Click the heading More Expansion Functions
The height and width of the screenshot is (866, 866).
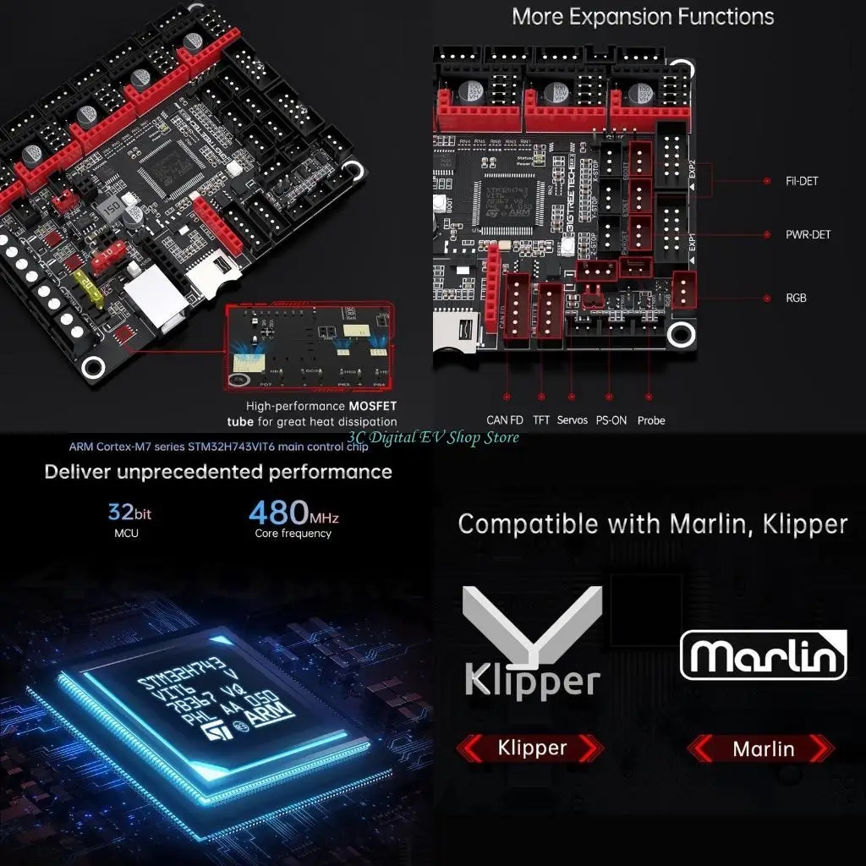(643, 16)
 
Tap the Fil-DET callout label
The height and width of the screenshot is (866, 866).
(802, 181)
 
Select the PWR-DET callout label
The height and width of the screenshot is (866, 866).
(808, 234)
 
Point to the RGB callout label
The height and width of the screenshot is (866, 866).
(795, 299)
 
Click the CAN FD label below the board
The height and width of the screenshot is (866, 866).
(506, 420)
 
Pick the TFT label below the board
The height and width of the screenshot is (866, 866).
(541, 420)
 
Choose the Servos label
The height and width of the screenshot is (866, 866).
(573, 420)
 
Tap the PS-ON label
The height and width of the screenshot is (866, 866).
(611, 420)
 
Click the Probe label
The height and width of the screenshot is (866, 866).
(651, 420)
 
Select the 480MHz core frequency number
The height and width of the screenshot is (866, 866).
(293, 512)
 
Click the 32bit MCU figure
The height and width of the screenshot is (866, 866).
(129, 512)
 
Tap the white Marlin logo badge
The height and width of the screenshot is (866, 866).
(764, 655)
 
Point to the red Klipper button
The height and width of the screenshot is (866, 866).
(531, 748)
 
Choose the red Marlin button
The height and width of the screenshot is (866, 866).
(763, 748)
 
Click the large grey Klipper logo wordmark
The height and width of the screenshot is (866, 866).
(532, 679)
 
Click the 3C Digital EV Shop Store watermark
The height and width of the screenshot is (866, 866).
(433, 437)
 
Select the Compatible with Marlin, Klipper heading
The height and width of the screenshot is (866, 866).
(652, 523)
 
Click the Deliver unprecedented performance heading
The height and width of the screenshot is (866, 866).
(218, 471)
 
